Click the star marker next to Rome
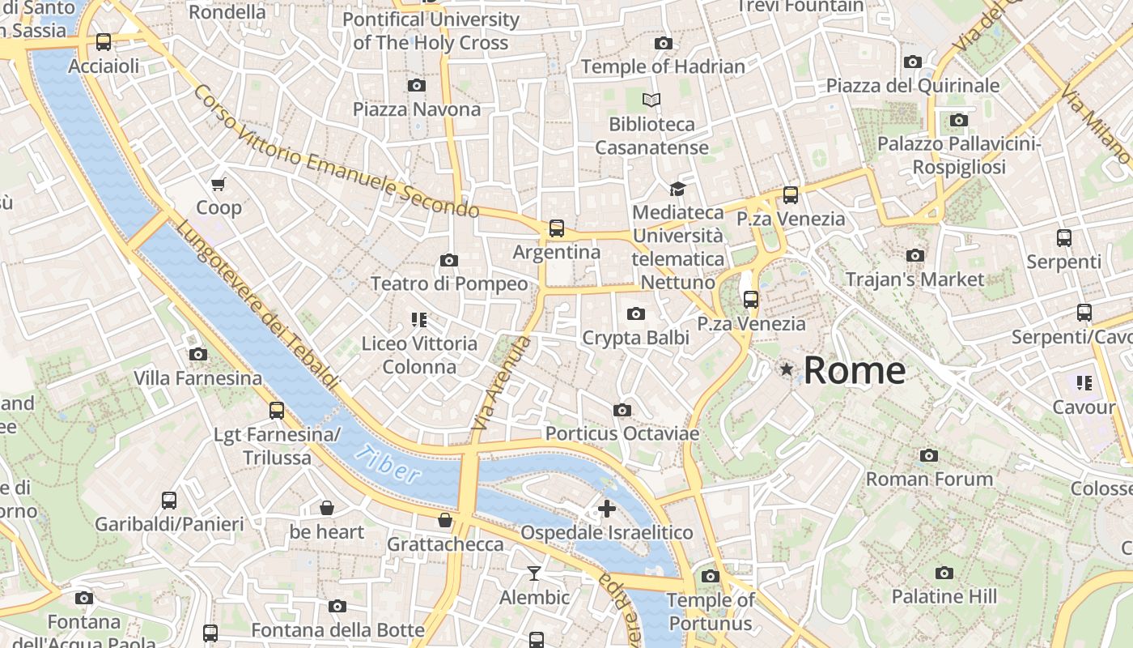[786, 369]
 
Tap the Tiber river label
[388, 464]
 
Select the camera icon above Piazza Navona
[417, 85]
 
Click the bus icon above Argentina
[557, 228]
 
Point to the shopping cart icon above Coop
[219, 185]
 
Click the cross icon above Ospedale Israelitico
[606, 509]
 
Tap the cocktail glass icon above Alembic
[534, 573]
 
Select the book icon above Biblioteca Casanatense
[651, 100]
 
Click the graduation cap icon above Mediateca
[677, 189]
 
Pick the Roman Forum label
[929, 479]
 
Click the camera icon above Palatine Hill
[944, 573]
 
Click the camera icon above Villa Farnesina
[197, 354]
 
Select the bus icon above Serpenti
[1064, 238]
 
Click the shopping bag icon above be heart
[327, 508]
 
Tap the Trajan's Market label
[914, 279]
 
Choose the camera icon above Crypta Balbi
[636, 313]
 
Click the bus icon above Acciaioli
[104, 42]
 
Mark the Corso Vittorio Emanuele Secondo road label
[336, 152]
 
